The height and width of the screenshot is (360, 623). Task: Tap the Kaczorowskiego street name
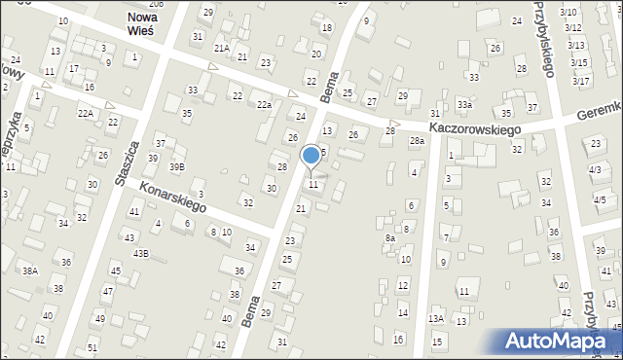point(475,128)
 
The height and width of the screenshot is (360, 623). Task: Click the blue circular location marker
point(311,155)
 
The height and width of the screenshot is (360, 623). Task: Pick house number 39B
point(176,167)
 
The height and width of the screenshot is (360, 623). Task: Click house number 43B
point(141,253)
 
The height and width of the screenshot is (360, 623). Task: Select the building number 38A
point(30,271)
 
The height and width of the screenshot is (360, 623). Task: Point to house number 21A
point(222,48)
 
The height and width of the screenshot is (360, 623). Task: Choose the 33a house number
point(465,105)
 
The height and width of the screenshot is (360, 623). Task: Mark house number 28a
point(417,141)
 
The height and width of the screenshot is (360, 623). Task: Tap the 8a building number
point(390,238)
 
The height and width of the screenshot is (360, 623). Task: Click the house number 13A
point(436,318)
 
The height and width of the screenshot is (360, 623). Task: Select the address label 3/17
point(580,80)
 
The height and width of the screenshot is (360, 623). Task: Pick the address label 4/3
point(595,170)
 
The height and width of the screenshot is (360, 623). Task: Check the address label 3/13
point(576,45)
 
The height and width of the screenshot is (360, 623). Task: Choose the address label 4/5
point(599,199)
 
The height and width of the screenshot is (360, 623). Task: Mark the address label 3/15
point(579,62)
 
